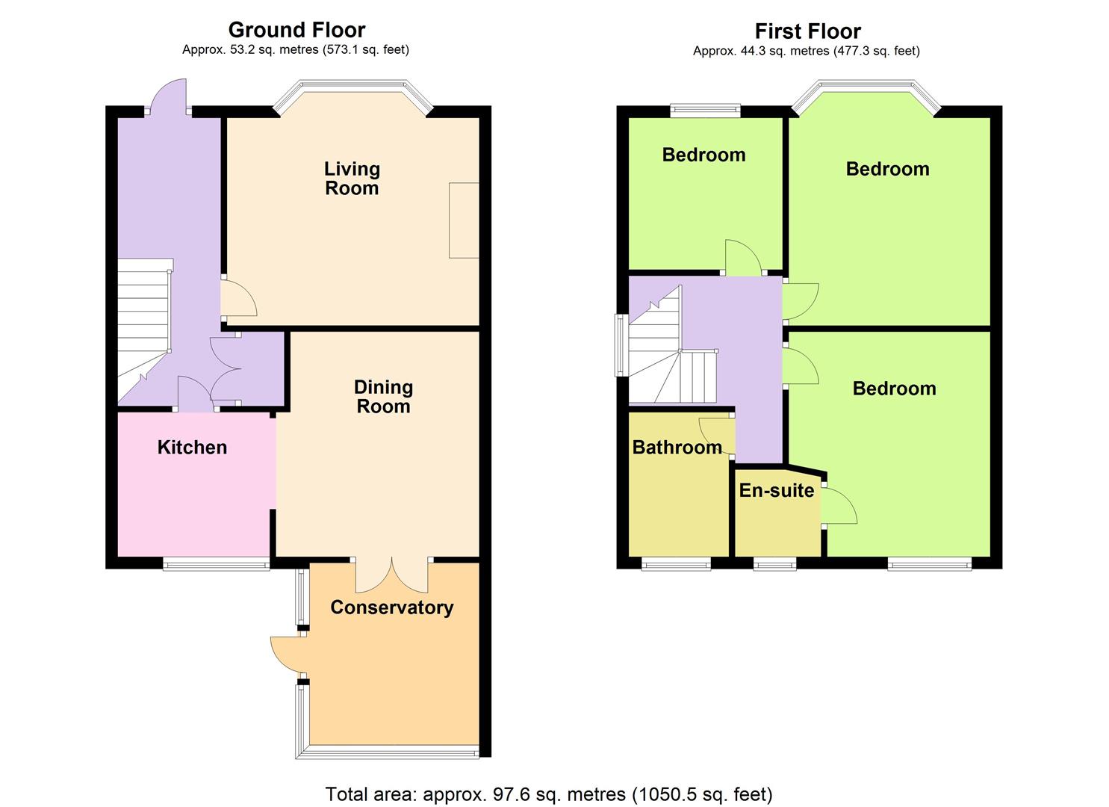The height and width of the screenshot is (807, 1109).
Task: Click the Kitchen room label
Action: click(192, 447)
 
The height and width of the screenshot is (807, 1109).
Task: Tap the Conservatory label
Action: click(391, 607)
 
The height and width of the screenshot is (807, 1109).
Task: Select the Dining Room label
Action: click(383, 397)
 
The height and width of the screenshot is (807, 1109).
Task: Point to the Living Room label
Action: click(352, 179)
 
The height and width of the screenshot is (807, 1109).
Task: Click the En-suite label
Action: click(777, 490)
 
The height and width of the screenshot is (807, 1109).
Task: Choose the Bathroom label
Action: click(677, 447)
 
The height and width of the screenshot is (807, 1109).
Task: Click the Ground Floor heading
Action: click(296, 30)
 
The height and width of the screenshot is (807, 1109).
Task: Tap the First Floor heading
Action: click(807, 31)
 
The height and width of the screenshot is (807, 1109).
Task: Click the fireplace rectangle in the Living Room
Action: click(464, 220)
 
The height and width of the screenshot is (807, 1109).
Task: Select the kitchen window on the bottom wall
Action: click(216, 565)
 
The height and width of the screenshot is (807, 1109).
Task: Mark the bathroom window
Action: click(676, 565)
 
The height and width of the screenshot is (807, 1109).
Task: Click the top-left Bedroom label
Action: click(703, 155)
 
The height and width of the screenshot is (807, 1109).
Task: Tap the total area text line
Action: click(549, 794)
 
